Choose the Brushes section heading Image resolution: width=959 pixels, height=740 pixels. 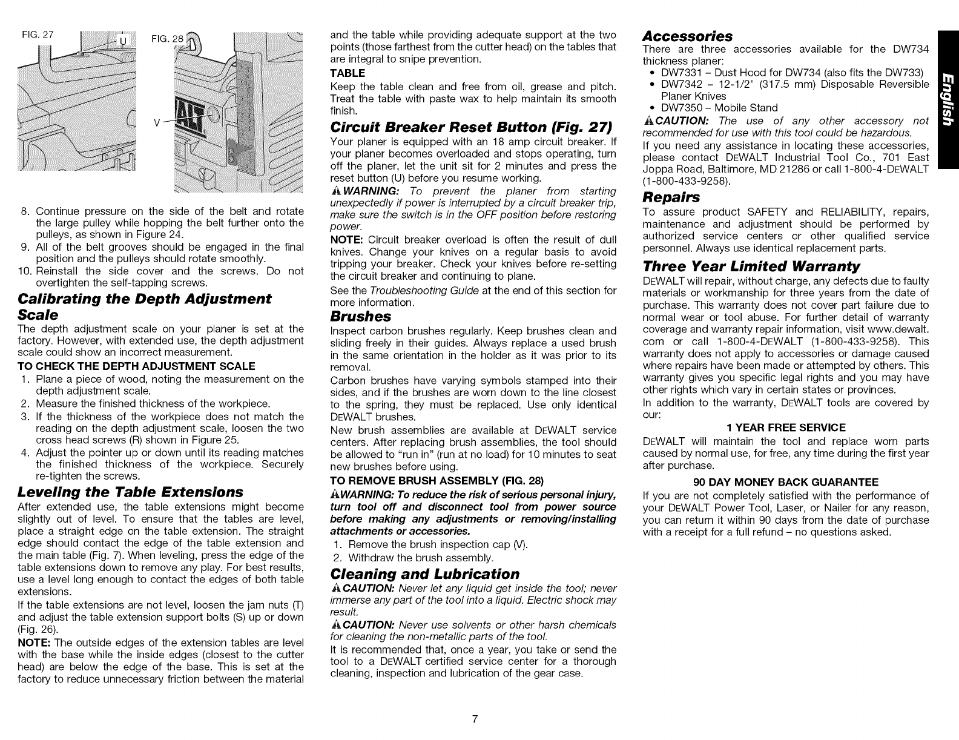tap(361, 316)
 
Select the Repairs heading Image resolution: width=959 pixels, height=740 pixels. tap(671, 197)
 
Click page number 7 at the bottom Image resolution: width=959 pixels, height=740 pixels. tap(475, 719)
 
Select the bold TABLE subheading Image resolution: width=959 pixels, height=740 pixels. tap(348, 73)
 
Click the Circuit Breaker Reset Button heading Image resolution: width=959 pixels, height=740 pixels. tap(471, 128)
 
